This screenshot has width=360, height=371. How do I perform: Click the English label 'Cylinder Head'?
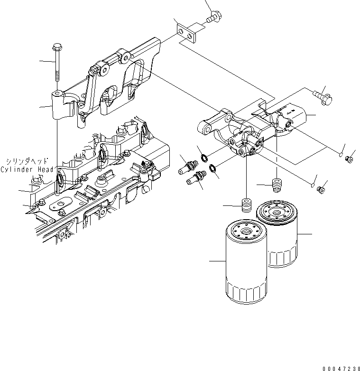(x=28, y=169)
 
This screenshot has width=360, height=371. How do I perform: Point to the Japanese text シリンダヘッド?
(x=30, y=161)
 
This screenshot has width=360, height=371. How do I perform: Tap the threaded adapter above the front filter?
(x=246, y=206)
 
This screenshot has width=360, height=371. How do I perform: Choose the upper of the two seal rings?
(x=203, y=157)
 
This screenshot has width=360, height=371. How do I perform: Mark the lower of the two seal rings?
(x=212, y=168)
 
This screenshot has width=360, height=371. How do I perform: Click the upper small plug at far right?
(x=350, y=158)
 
